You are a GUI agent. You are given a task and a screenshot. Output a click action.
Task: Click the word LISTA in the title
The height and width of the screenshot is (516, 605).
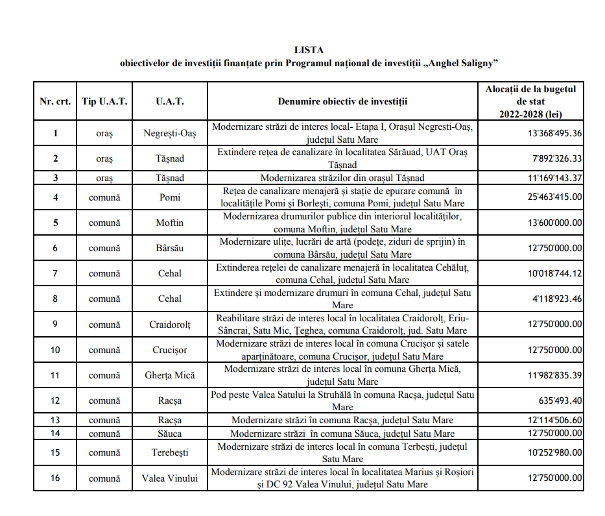coord(309,50)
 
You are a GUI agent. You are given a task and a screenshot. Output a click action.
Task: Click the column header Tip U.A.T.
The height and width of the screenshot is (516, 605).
coord(105,101)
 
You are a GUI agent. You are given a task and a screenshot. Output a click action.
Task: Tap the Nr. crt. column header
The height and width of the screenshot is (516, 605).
coord(55,101)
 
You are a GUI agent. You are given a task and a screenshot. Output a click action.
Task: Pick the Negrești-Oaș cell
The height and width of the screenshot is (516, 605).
coord(169,133)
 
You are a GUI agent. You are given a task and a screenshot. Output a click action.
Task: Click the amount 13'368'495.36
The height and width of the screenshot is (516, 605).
coord(554,133)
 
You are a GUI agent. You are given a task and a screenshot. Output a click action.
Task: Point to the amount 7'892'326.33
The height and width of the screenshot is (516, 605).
coord(558,158)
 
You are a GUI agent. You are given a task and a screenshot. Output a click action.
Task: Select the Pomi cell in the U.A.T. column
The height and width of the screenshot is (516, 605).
coord(169,197)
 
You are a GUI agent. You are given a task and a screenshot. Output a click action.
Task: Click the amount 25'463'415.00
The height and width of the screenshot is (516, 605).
coord(554,197)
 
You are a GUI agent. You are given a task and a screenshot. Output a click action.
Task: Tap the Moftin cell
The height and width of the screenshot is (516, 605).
coord(169,223)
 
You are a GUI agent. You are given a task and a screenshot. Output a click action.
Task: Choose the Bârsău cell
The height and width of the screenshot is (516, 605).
coord(169,248)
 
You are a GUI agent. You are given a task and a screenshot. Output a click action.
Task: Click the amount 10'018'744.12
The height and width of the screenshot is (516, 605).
coord(554,273)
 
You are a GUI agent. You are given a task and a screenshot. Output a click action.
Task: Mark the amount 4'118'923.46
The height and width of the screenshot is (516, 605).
coord(558,299)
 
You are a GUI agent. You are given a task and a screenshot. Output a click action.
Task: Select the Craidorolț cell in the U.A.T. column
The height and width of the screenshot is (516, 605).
coord(169,324)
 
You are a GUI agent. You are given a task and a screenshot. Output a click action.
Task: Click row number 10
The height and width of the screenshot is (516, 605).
coord(55,350)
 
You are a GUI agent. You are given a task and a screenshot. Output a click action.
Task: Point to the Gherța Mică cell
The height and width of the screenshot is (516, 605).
coord(169,375)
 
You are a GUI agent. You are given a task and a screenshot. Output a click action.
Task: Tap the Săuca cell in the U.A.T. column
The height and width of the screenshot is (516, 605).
coord(169,433)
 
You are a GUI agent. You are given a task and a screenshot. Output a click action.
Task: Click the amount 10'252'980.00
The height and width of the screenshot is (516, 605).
coord(554,452)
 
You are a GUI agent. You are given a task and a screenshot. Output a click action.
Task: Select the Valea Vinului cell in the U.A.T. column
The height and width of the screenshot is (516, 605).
coord(169,478)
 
